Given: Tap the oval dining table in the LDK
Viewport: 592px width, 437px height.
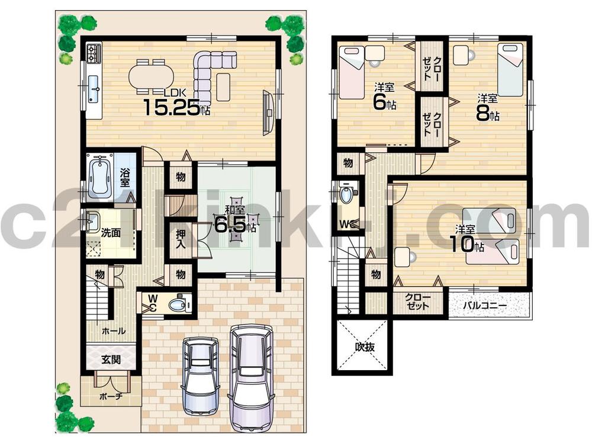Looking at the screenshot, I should (151, 76).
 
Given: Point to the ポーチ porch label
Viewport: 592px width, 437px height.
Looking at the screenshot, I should (110, 396).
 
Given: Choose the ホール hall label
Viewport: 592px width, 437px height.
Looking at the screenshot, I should (114, 331).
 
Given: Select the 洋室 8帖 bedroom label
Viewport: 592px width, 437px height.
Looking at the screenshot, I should (487, 107).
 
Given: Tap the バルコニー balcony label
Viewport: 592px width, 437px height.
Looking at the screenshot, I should (485, 306).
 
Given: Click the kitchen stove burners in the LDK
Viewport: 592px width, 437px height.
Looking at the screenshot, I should (94, 54).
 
